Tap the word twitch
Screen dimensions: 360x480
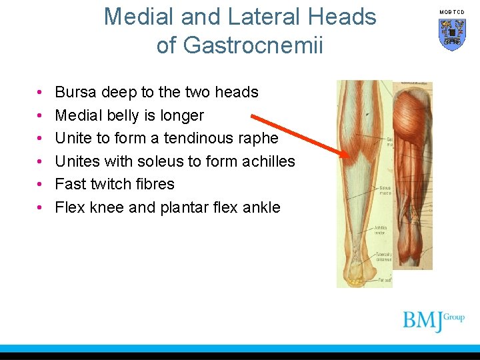pos(115,184)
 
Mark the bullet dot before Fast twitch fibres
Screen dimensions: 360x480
pos(40,185)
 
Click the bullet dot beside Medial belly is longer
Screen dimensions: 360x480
pos(40,116)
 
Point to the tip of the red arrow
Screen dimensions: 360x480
pos(348,157)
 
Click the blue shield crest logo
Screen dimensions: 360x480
pos(451,34)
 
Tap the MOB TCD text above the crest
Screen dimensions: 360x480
pos(451,12)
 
